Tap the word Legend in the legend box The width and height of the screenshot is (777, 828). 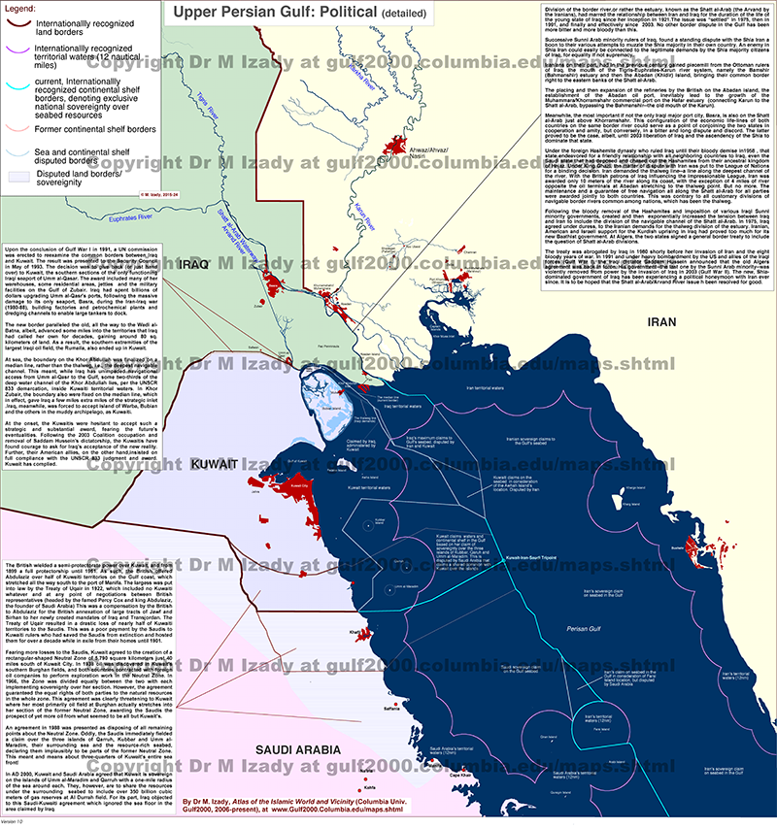coord(25,7)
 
